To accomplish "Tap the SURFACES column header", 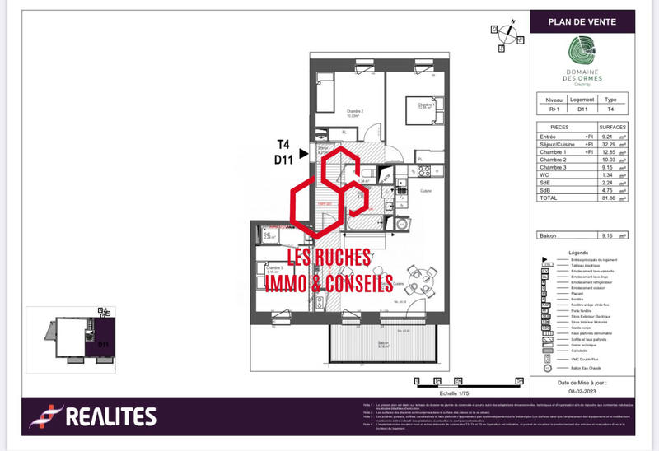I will tap(613, 128).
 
